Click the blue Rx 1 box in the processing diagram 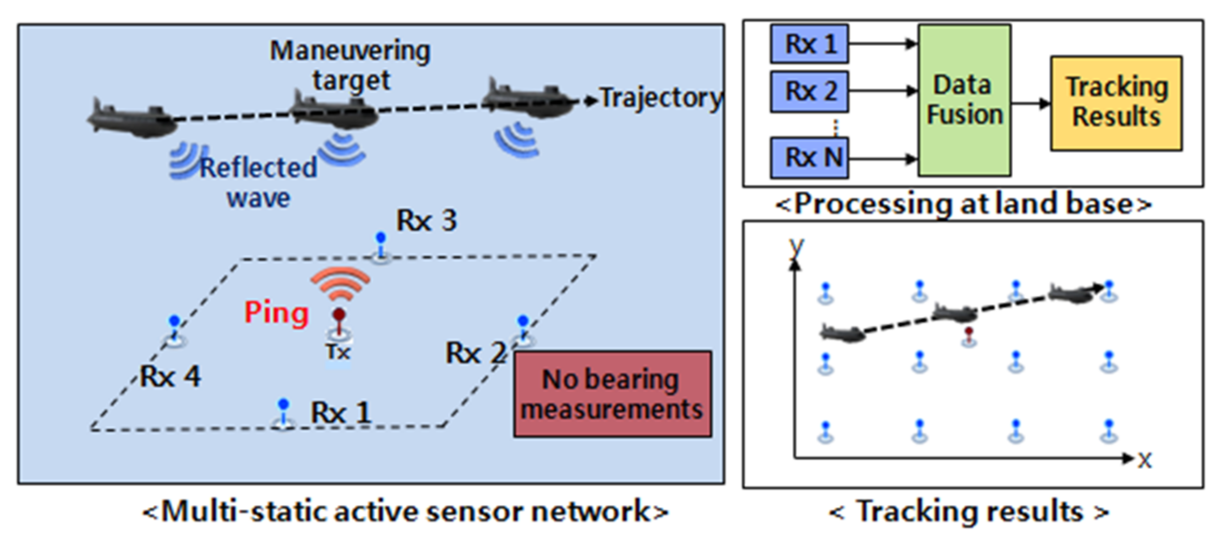pyautogui.click(x=809, y=44)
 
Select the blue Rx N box pyautogui.click(x=809, y=158)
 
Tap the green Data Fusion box pyautogui.click(x=964, y=100)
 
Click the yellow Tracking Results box pyautogui.click(x=1116, y=102)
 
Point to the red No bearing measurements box pyautogui.click(x=612, y=394)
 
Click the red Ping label pyautogui.click(x=276, y=313)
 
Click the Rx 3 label pyautogui.click(x=426, y=221)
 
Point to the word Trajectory pyautogui.click(x=660, y=99)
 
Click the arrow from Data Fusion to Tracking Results pyautogui.click(x=1030, y=103)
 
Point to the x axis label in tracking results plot pyautogui.click(x=1145, y=460)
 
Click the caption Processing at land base pyautogui.click(x=963, y=204)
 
